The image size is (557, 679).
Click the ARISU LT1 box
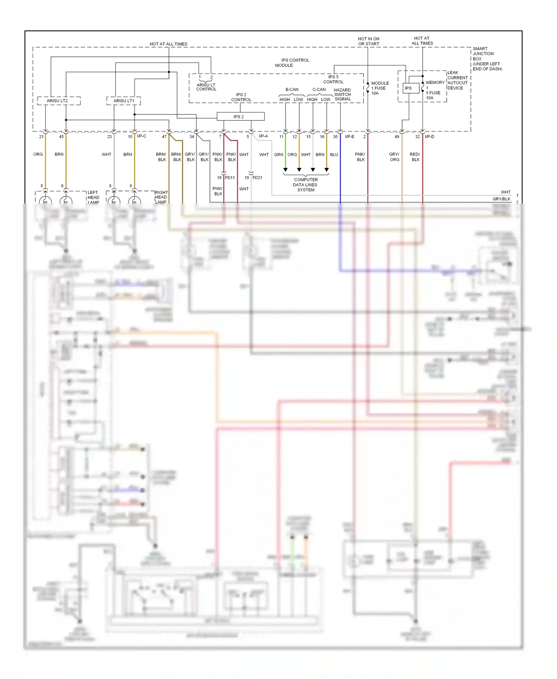(124, 101)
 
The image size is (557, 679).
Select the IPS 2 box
(240, 117)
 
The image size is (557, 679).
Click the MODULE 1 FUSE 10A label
(380, 88)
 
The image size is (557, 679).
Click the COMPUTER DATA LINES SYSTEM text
(306, 185)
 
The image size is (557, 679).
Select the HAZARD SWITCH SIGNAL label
(342, 94)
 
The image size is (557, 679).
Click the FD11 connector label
(230, 178)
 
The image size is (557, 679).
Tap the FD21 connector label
(257, 178)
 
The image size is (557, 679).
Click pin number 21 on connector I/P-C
(41, 137)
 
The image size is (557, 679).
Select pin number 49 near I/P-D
(397, 137)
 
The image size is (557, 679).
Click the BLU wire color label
(334, 155)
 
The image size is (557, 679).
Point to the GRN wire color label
(278, 155)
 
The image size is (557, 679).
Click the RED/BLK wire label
(415, 157)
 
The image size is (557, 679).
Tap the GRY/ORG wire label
(394, 157)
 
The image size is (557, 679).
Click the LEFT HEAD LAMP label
(93, 197)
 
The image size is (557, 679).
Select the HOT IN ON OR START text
(368, 41)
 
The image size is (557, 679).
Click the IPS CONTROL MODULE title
(292, 62)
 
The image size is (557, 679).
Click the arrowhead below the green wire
(285, 170)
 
